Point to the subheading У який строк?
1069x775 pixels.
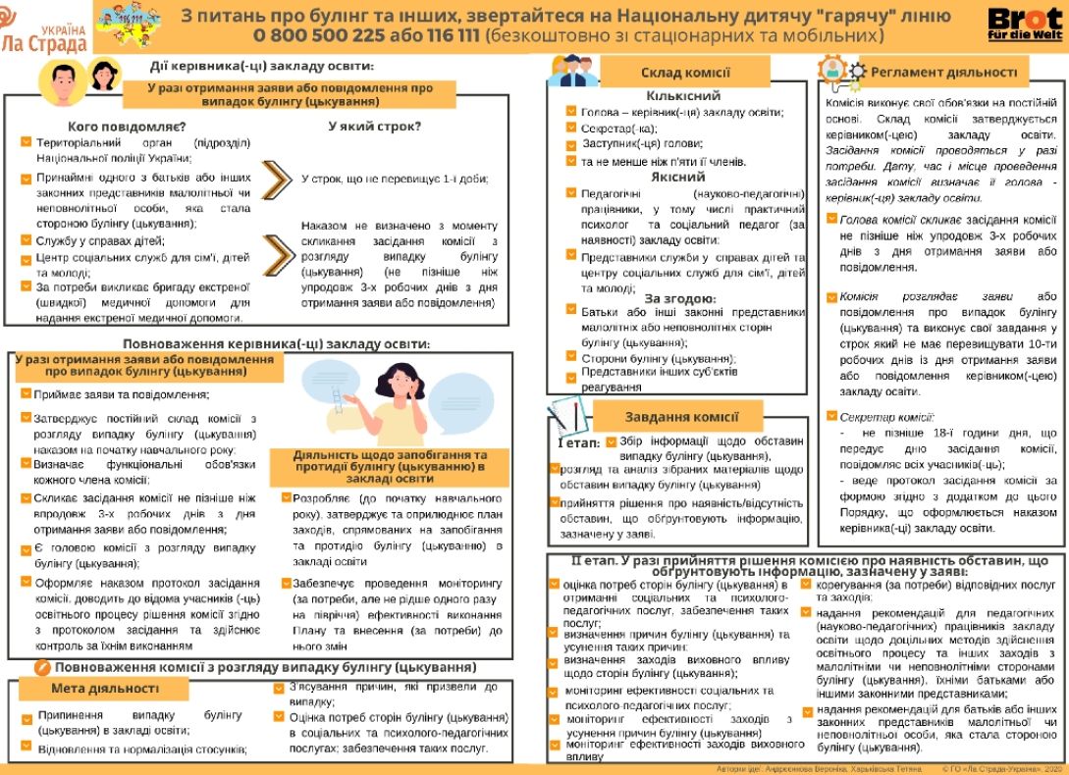(375, 127)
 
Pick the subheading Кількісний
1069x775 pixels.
(683, 96)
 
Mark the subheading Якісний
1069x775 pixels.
(677, 178)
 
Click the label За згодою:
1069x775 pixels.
(680, 298)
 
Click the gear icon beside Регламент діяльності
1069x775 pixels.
(857, 72)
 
